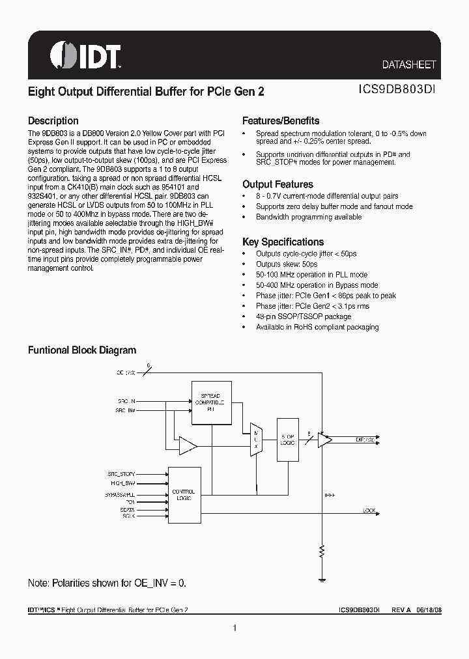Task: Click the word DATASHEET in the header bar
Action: coord(408,65)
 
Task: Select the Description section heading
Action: coord(53,121)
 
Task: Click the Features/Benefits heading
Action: coord(281,121)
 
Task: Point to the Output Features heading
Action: coord(277,185)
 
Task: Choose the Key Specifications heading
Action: coord(283,242)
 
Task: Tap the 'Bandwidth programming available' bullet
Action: coord(308,217)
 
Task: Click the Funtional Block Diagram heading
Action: coord(82,350)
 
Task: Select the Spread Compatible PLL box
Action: coord(210,402)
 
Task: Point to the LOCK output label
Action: coord(369,511)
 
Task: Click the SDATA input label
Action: coord(128,510)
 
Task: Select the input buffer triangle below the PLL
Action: coord(188,446)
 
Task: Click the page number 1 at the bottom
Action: coord(234,628)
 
